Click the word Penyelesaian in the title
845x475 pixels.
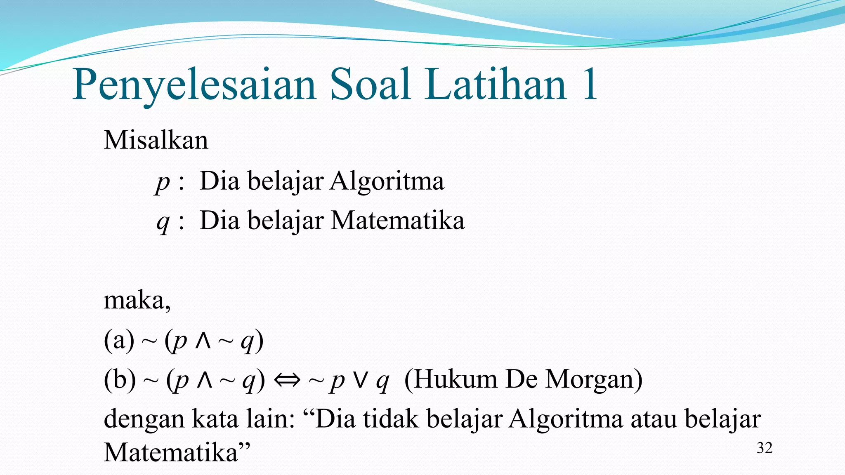point(194,85)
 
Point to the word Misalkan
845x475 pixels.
point(156,140)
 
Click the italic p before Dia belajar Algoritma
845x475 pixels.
point(163,182)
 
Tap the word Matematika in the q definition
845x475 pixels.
point(398,220)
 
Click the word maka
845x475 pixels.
point(136,300)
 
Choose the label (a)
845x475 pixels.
point(119,341)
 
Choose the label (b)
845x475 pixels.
point(120,380)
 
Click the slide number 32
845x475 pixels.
point(764,448)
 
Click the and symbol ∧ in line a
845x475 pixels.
point(203,341)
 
